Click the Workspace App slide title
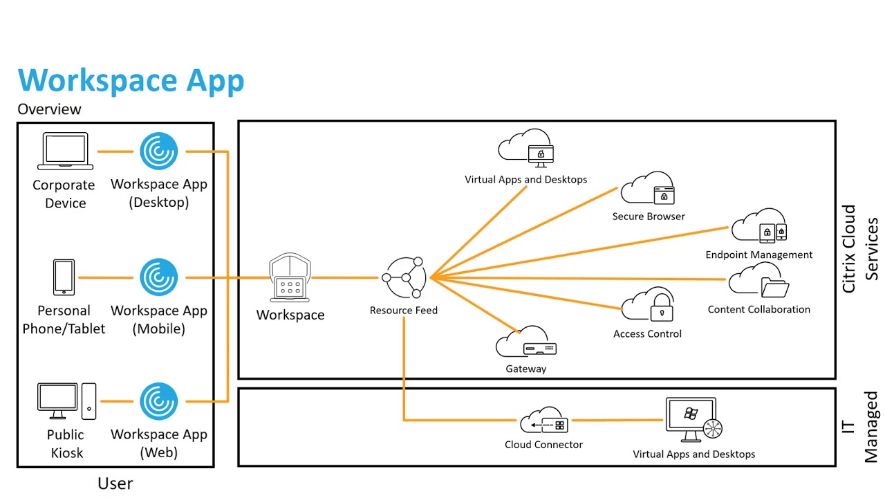[x=131, y=80]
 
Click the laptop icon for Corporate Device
[x=65, y=151]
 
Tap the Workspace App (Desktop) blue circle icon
[x=159, y=151]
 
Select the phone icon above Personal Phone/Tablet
[x=64, y=277]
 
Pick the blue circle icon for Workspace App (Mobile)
[x=159, y=277]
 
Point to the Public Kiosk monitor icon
[x=57, y=401]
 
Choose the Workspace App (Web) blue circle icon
[x=159, y=401]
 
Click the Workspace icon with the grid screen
[x=290, y=278]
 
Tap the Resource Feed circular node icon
[x=404, y=277]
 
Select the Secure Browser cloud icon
[x=648, y=189]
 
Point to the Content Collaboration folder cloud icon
[x=758, y=282]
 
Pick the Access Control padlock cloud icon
[x=648, y=305]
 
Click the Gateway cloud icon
[x=525, y=342]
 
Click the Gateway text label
[x=525, y=369]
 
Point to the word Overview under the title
[x=49, y=109]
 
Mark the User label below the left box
[x=115, y=483]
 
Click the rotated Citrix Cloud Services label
[x=860, y=248]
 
